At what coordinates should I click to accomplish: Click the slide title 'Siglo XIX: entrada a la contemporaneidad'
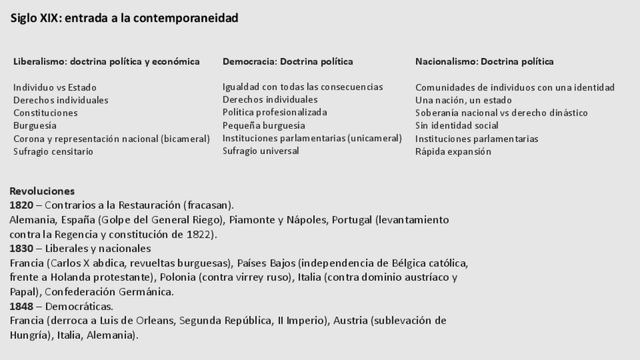point(125,18)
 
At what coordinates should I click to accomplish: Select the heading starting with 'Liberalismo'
point(106,62)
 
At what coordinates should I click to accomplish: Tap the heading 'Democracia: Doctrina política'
point(288,62)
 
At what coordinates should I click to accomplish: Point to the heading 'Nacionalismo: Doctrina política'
point(484,62)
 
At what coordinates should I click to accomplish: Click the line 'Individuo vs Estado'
point(55,88)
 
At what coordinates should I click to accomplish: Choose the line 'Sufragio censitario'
point(54,152)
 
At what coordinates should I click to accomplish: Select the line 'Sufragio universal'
point(260,151)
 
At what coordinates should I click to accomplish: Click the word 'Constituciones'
point(45,113)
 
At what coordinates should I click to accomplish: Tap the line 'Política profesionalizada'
point(275,112)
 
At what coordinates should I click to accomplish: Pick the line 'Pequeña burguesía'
point(263,125)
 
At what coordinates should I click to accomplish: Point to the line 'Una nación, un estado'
point(463,100)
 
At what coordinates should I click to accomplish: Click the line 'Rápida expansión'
point(453,152)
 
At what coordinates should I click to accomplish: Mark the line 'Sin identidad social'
point(457,126)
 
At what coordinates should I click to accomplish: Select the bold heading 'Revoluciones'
point(42,192)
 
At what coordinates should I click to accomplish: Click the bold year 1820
point(21,205)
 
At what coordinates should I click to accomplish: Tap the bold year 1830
point(21,248)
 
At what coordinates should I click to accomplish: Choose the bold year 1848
point(21,306)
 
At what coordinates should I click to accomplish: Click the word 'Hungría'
point(30,334)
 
